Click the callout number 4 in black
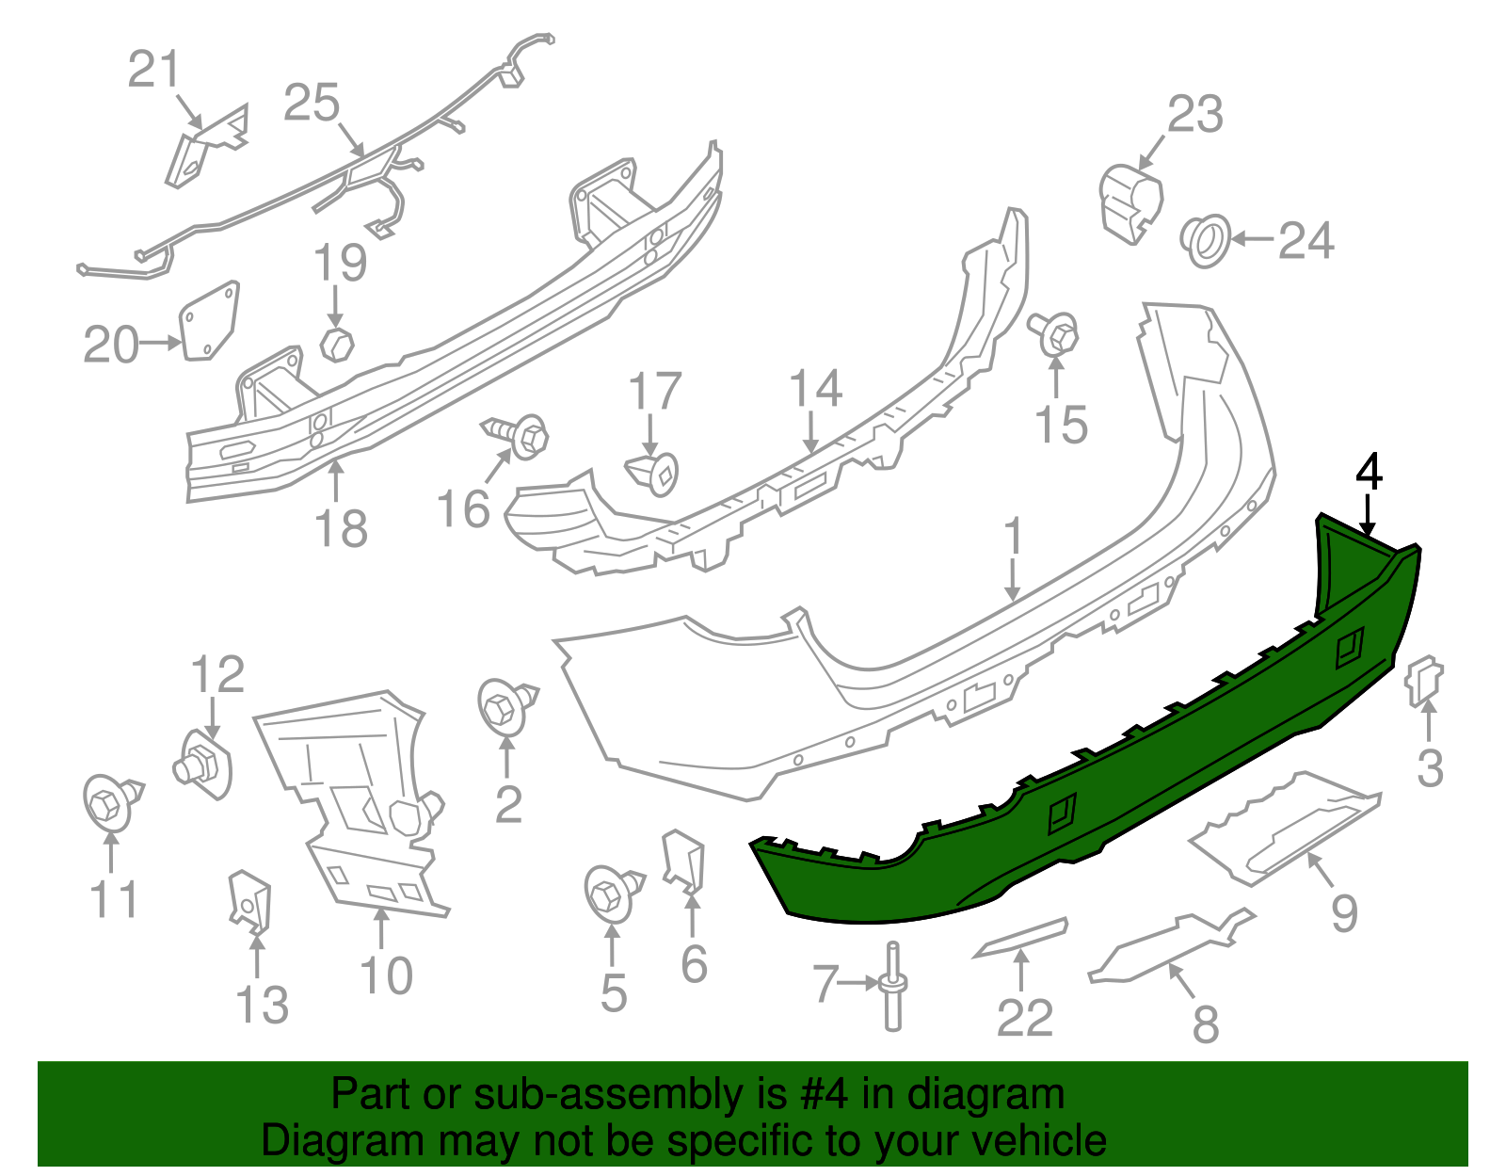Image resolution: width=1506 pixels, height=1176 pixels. click(x=1369, y=473)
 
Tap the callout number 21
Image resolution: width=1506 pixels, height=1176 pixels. click(x=153, y=71)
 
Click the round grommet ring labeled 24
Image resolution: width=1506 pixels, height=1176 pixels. click(x=1206, y=240)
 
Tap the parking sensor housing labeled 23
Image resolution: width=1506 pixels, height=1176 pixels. click(x=1129, y=201)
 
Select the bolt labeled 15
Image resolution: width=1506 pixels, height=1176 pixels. click(x=1056, y=334)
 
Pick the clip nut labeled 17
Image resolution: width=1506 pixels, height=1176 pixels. click(x=654, y=474)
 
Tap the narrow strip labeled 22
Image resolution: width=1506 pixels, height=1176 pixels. click(x=1020, y=938)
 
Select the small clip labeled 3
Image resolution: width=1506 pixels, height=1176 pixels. click(x=1423, y=681)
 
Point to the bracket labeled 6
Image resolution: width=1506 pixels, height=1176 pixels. click(x=683, y=860)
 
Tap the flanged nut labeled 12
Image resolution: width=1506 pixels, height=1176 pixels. click(x=204, y=764)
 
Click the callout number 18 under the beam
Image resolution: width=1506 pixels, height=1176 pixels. click(x=340, y=529)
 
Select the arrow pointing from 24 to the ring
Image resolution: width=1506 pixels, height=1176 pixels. click(x=1252, y=239)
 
